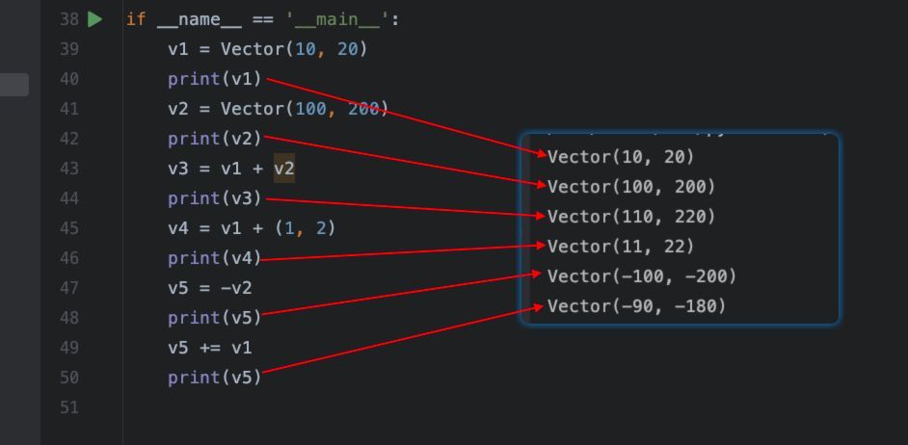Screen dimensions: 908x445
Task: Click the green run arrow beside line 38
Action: pyautogui.click(x=95, y=19)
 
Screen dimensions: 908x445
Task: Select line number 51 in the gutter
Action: pyautogui.click(x=69, y=407)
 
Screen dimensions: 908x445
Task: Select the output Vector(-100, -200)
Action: pyautogui.click(x=642, y=276)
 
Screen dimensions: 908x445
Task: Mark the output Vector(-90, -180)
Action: pyautogui.click(x=636, y=306)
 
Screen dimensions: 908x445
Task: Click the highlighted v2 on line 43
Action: pyautogui.click(x=284, y=169)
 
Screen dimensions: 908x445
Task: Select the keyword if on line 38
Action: pyautogui.click(x=136, y=19)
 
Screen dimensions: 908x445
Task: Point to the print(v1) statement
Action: pyautogui.click(x=215, y=79)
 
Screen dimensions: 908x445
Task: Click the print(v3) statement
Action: pyautogui.click(x=215, y=198)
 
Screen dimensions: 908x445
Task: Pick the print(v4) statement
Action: pyautogui.click(x=215, y=258)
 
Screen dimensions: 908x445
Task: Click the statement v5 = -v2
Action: pyautogui.click(x=210, y=288)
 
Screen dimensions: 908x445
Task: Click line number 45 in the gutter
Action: pyautogui.click(x=69, y=228)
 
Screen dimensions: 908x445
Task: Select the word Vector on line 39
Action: pyautogui.click(x=252, y=49)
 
